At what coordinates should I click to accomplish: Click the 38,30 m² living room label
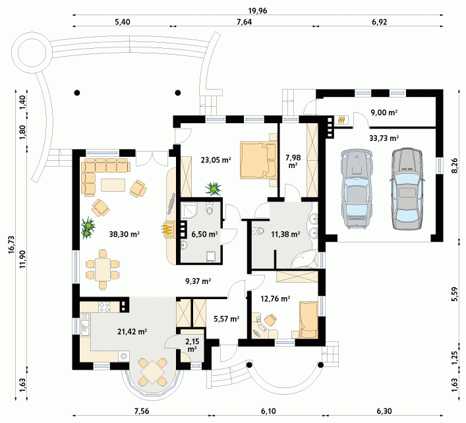(124, 235)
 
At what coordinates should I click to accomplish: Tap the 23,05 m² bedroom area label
(216, 160)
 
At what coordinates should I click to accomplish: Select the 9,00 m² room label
(384, 113)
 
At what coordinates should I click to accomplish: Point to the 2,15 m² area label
(192, 345)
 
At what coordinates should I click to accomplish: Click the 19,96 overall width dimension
(258, 11)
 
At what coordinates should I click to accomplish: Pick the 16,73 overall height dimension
(11, 244)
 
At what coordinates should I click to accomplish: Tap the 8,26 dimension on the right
(455, 166)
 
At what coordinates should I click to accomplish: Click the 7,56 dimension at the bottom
(142, 411)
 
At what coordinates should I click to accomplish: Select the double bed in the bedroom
(258, 160)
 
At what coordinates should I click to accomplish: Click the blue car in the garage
(357, 188)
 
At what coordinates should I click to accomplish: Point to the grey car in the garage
(407, 188)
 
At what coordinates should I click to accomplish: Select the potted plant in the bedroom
(213, 188)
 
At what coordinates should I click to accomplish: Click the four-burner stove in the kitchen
(104, 307)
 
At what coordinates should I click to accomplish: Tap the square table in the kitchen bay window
(152, 372)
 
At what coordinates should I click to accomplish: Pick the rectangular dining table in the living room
(103, 269)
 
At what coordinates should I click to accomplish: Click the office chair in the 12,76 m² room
(270, 320)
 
